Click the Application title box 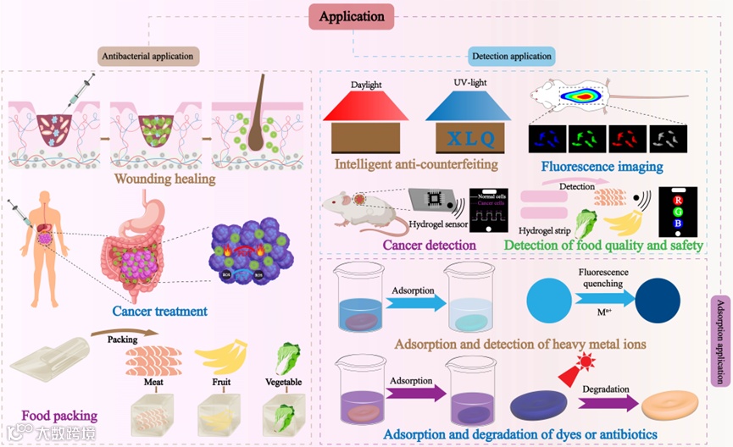(x=351, y=16)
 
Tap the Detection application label (x=511, y=57)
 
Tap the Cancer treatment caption (x=160, y=312)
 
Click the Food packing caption (x=59, y=416)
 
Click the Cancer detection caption (x=429, y=246)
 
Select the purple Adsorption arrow (x=414, y=393)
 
